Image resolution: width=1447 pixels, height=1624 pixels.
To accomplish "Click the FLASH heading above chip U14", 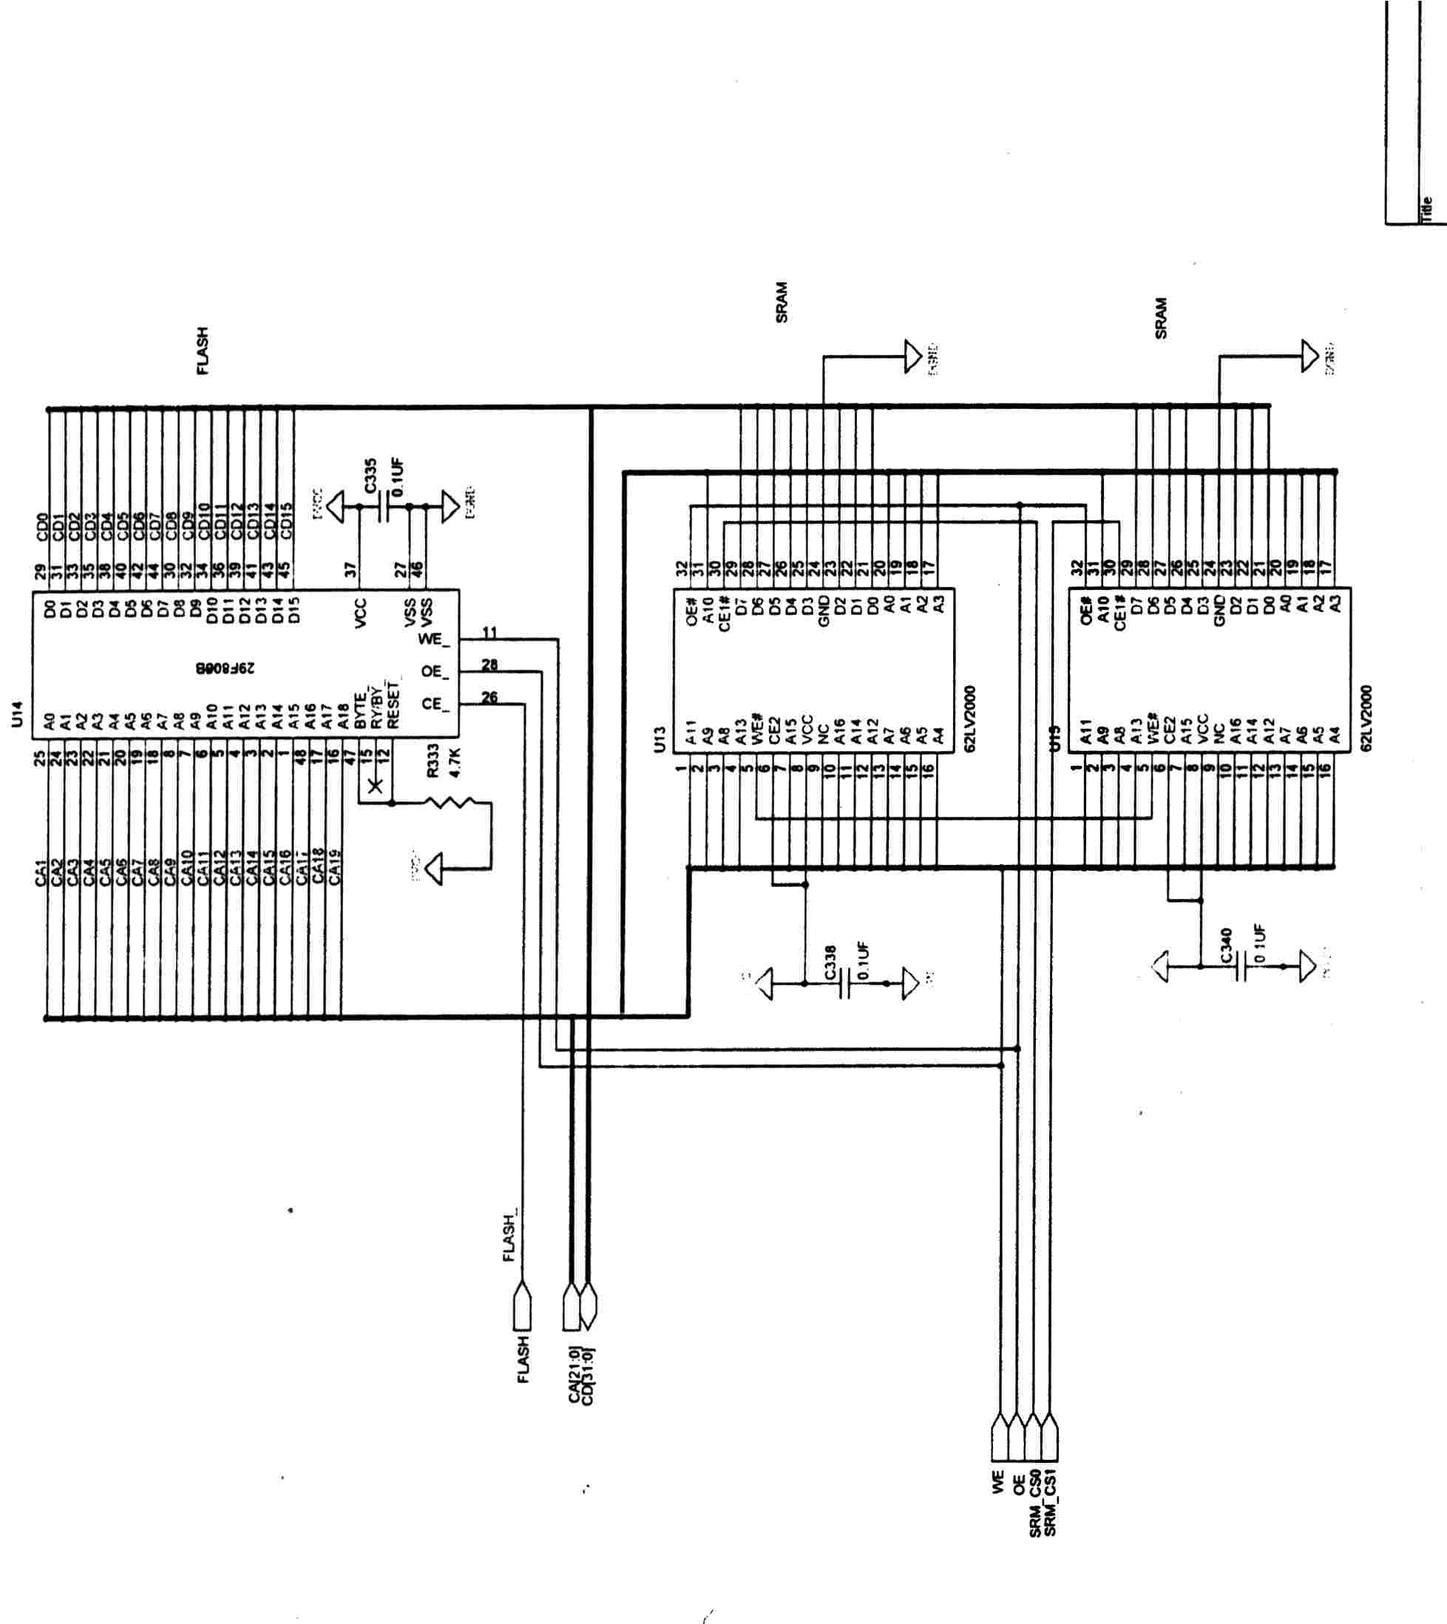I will pyautogui.click(x=202, y=350).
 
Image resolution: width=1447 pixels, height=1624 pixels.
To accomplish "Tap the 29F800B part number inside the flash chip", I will pyautogui.click(x=225, y=668).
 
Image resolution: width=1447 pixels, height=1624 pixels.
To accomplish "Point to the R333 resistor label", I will pyautogui.click(x=433, y=760).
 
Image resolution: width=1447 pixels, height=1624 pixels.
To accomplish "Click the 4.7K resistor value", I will pyautogui.click(x=455, y=761).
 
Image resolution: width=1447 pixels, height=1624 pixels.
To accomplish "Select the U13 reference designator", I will pyautogui.click(x=658, y=739).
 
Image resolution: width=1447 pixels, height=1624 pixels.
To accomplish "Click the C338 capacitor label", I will pyautogui.click(x=830, y=962).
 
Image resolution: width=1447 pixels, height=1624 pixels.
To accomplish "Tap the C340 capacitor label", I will pyautogui.click(x=1225, y=945).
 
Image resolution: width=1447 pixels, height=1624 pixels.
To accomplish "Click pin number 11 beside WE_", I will pyautogui.click(x=489, y=633).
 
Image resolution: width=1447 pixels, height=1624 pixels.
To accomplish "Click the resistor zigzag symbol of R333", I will pyautogui.click(x=450, y=802).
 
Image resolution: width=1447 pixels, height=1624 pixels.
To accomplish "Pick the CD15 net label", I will pyautogui.click(x=287, y=520).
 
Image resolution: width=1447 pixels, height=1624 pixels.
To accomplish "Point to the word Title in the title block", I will pyautogui.click(x=1427, y=208).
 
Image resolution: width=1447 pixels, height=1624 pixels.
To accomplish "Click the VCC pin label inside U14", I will pyautogui.click(x=360, y=613).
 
